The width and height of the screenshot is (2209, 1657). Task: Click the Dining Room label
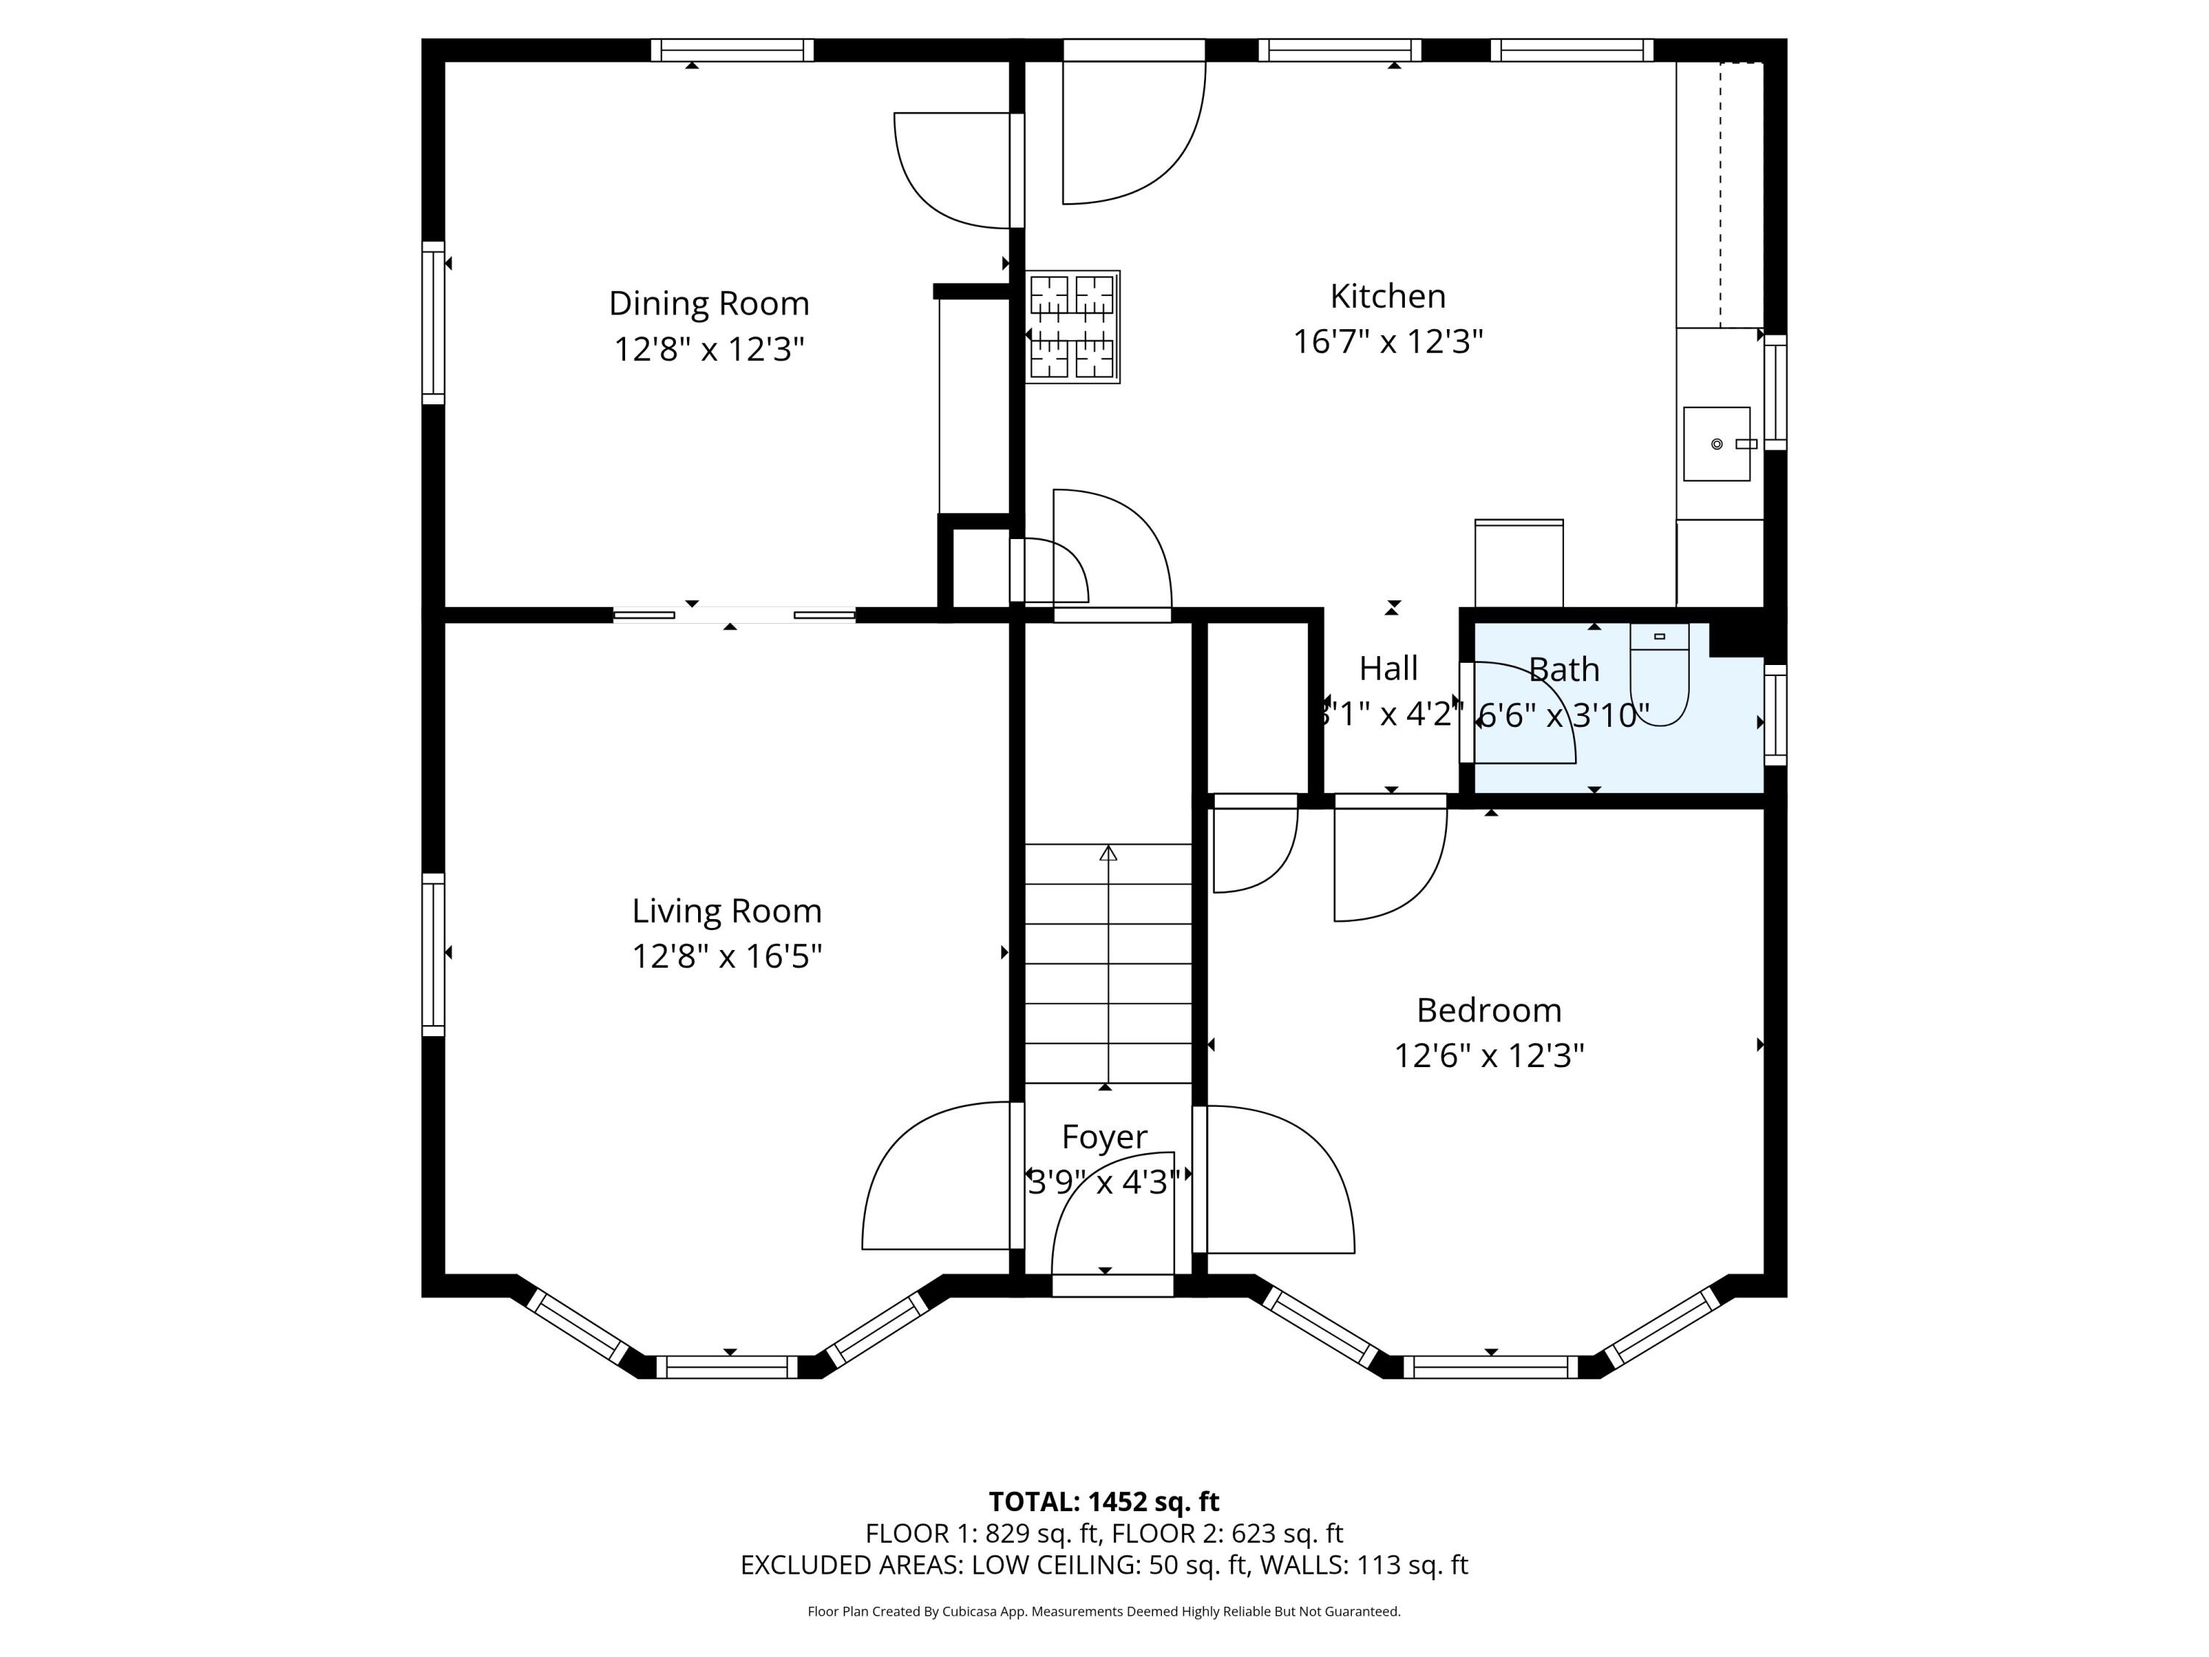[x=709, y=303]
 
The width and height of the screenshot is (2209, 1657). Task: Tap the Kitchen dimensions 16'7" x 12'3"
[x=1388, y=342]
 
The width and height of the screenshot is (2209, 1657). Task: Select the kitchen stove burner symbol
[x=1073, y=326]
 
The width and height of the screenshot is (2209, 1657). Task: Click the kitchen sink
[x=1716, y=443]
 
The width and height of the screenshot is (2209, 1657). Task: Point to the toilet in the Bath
[x=1659, y=674]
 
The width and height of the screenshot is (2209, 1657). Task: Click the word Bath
[x=1564, y=669]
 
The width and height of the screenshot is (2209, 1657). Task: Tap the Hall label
[x=1388, y=668]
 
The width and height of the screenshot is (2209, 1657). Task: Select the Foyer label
[x=1104, y=1136]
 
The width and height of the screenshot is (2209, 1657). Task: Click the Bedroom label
[x=1489, y=1010]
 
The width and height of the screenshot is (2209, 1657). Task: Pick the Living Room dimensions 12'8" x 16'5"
[x=727, y=957]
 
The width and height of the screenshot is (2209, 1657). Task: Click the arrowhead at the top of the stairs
[x=1107, y=853]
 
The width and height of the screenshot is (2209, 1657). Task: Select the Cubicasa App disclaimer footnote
[x=1104, y=1611]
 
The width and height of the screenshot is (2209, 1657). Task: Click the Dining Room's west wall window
[x=432, y=323]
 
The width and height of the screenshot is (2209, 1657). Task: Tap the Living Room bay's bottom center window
[x=728, y=1368]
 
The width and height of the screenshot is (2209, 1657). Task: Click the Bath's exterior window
[x=1775, y=715]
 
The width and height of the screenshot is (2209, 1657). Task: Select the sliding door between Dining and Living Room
[x=734, y=614]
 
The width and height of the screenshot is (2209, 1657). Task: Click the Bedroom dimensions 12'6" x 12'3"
[x=1489, y=1056]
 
